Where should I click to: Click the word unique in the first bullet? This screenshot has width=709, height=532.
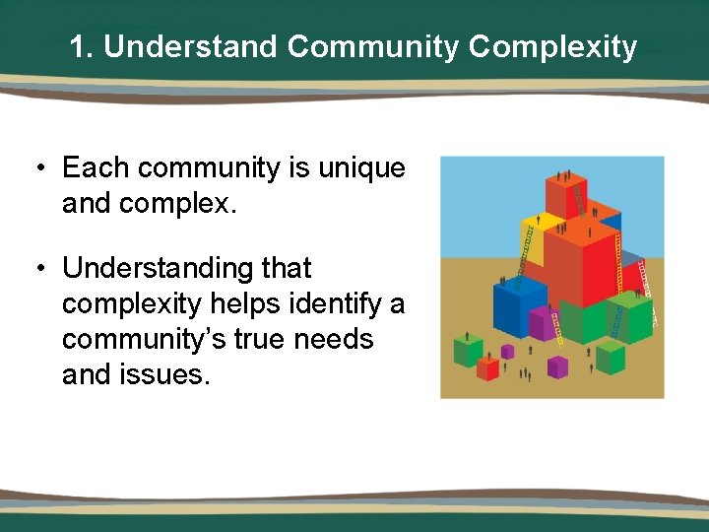(361, 168)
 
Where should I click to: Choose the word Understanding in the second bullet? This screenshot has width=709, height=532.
(186, 268)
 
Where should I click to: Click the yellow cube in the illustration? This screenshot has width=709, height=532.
(531, 231)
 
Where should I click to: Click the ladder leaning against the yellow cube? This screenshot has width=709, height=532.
(527, 246)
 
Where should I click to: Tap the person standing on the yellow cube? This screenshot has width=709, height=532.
(537, 209)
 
